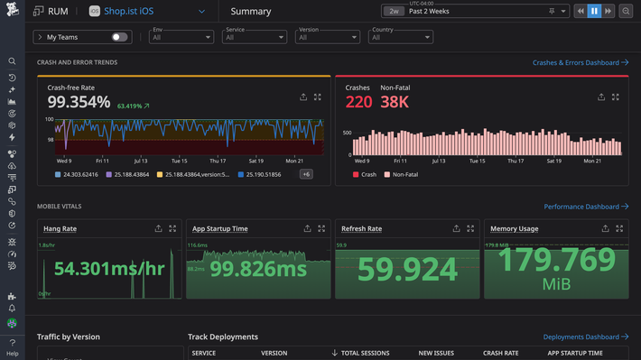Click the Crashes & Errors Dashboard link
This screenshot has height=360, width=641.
(x=580, y=63)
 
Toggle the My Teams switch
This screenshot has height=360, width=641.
(x=119, y=37)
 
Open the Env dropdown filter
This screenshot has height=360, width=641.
(x=181, y=37)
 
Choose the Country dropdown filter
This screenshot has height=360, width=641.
(x=401, y=37)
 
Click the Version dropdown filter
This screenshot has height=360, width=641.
(x=328, y=37)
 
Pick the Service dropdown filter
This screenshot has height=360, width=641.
(x=255, y=37)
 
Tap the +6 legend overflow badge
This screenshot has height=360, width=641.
(x=306, y=174)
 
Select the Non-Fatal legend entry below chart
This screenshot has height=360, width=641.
(x=406, y=174)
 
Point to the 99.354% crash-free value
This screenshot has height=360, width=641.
(x=79, y=102)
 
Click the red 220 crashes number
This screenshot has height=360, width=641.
(x=358, y=102)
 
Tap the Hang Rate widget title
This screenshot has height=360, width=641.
(x=60, y=229)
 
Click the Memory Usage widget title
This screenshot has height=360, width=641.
(x=516, y=229)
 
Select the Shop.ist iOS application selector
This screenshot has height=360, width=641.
(x=147, y=12)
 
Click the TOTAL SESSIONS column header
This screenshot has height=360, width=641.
(x=365, y=353)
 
